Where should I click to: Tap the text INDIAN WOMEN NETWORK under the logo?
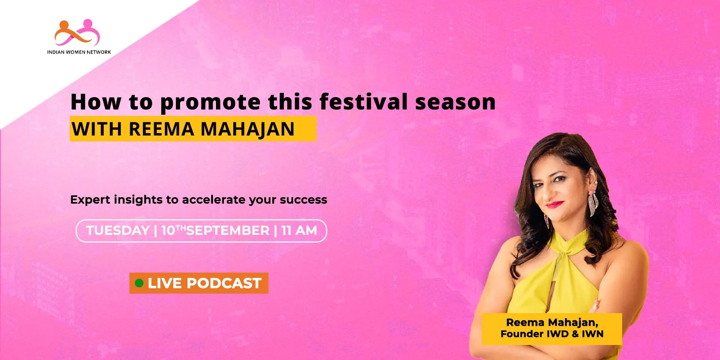tap(79, 52)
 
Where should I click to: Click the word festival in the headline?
tap(364, 102)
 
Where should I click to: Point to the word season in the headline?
tap(456, 102)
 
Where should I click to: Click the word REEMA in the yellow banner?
tap(162, 129)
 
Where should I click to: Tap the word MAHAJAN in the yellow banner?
tap(247, 129)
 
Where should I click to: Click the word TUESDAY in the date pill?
tap(118, 230)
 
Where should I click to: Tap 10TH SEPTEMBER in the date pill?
tap(215, 230)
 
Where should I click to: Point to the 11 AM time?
tap(299, 230)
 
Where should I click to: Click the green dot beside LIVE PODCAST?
tap(139, 283)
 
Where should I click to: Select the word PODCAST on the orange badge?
tap(224, 283)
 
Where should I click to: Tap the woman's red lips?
tap(555, 205)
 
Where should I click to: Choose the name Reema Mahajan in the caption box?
tap(552, 322)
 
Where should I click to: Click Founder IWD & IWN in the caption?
tap(552, 334)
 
